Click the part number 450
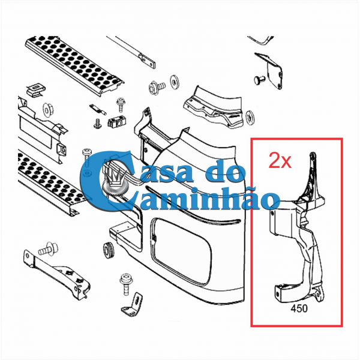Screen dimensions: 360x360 click(299, 308)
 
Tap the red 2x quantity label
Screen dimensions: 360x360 click(280, 161)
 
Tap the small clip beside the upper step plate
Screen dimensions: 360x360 click(36, 90)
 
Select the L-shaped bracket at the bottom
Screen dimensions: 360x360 click(132, 304)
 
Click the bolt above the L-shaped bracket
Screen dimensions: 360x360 click(125, 284)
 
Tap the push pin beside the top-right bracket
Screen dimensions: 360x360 click(259, 80)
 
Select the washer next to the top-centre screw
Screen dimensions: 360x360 click(174, 82)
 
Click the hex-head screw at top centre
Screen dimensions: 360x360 click(157, 87)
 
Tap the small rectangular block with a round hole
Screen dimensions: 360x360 click(117, 122)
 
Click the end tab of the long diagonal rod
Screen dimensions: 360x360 click(147, 61)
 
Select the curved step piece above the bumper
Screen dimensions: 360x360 click(213, 107)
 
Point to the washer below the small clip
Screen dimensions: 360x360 click(47, 110)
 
